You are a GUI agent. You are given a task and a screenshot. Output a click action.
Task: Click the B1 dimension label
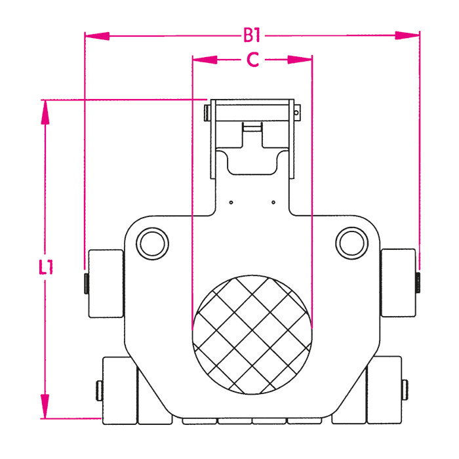[x=253, y=34]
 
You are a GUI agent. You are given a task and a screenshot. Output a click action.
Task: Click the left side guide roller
[x=106, y=283]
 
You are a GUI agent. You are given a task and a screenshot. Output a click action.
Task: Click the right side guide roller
[x=398, y=283]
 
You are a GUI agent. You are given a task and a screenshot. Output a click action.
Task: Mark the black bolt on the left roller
[x=85, y=283]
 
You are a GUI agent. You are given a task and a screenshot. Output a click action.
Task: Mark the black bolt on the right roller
[x=418, y=283]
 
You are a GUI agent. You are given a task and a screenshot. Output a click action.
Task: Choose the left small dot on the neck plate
[x=231, y=203]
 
